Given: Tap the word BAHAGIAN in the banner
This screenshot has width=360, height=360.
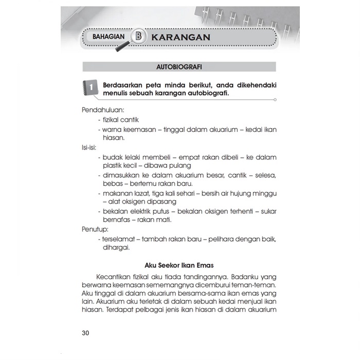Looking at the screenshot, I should pos(111,37).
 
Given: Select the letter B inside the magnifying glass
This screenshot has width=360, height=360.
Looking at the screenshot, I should pos(139,37).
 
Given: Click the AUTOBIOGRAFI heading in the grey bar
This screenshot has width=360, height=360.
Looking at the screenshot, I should pos(179,67).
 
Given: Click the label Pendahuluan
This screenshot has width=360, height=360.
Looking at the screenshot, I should pos(103,110).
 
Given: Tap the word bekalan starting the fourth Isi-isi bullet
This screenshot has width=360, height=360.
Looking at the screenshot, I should pos(115,211).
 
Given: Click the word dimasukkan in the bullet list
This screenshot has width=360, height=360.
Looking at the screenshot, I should pos(122,175).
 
